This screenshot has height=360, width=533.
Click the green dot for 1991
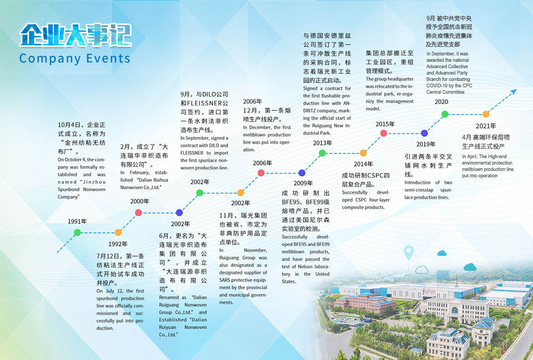pyautogui.click(x=77, y=233)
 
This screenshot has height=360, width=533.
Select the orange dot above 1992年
pyautogui.click(x=118, y=233)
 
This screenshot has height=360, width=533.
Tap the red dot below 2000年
pyautogui.click(x=139, y=212)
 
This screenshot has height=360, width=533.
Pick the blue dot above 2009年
pyautogui.click(x=302, y=173)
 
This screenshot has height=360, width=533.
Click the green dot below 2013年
pyautogui.click(x=322, y=153)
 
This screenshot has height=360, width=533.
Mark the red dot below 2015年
pyautogui.click(x=383, y=133)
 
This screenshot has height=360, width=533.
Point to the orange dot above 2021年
pyautogui.click(x=486, y=114)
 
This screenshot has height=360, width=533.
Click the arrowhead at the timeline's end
pyautogui.click(x=514, y=92)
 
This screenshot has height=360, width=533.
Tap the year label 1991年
pyautogui.click(x=77, y=222)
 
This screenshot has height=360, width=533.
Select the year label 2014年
pyautogui.click(x=363, y=164)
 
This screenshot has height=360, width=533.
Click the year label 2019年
pyautogui.click(x=425, y=144)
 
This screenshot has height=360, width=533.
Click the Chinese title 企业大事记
pyautogui.click(x=76, y=35)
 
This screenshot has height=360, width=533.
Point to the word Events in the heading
pyautogui.click(x=108, y=59)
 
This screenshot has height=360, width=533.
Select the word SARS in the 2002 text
pyautogui.click(x=225, y=280)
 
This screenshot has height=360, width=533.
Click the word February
pyautogui.click(x=139, y=173)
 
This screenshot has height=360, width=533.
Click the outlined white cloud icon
pyautogui.click(x=422, y=269)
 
